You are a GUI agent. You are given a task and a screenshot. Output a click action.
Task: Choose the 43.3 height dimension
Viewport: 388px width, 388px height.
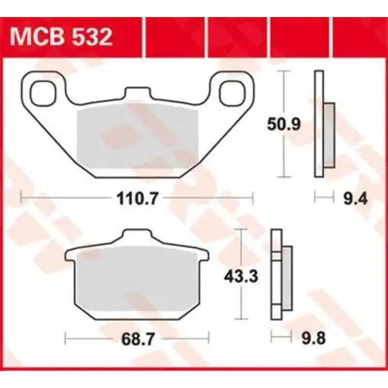tap(241, 276)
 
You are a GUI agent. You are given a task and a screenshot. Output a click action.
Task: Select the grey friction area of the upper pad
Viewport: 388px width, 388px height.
tap(138, 138)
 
